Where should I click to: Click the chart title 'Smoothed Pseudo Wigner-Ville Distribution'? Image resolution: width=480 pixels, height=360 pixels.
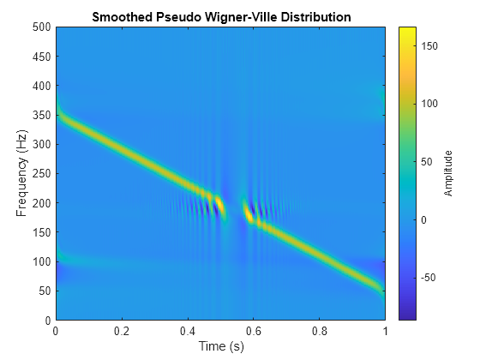pyautogui.click(x=220, y=17)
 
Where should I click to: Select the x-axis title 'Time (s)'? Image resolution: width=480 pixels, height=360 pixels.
pyautogui.click(x=220, y=346)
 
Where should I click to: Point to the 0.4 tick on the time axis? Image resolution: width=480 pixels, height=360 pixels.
pyautogui.click(x=188, y=331)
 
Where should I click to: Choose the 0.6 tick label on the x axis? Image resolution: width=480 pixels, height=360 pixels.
pyautogui.click(x=254, y=331)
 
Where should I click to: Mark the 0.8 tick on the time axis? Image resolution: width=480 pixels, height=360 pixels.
pyautogui.click(x=319, y=331)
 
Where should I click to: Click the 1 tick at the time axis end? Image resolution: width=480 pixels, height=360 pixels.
pyautogui.click(x=385, y=331)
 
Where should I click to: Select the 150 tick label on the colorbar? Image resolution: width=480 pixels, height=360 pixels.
pyautogui.click(x=430, y=45)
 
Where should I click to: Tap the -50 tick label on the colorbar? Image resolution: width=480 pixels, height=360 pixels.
pyautogui.click(x=430, y=278)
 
